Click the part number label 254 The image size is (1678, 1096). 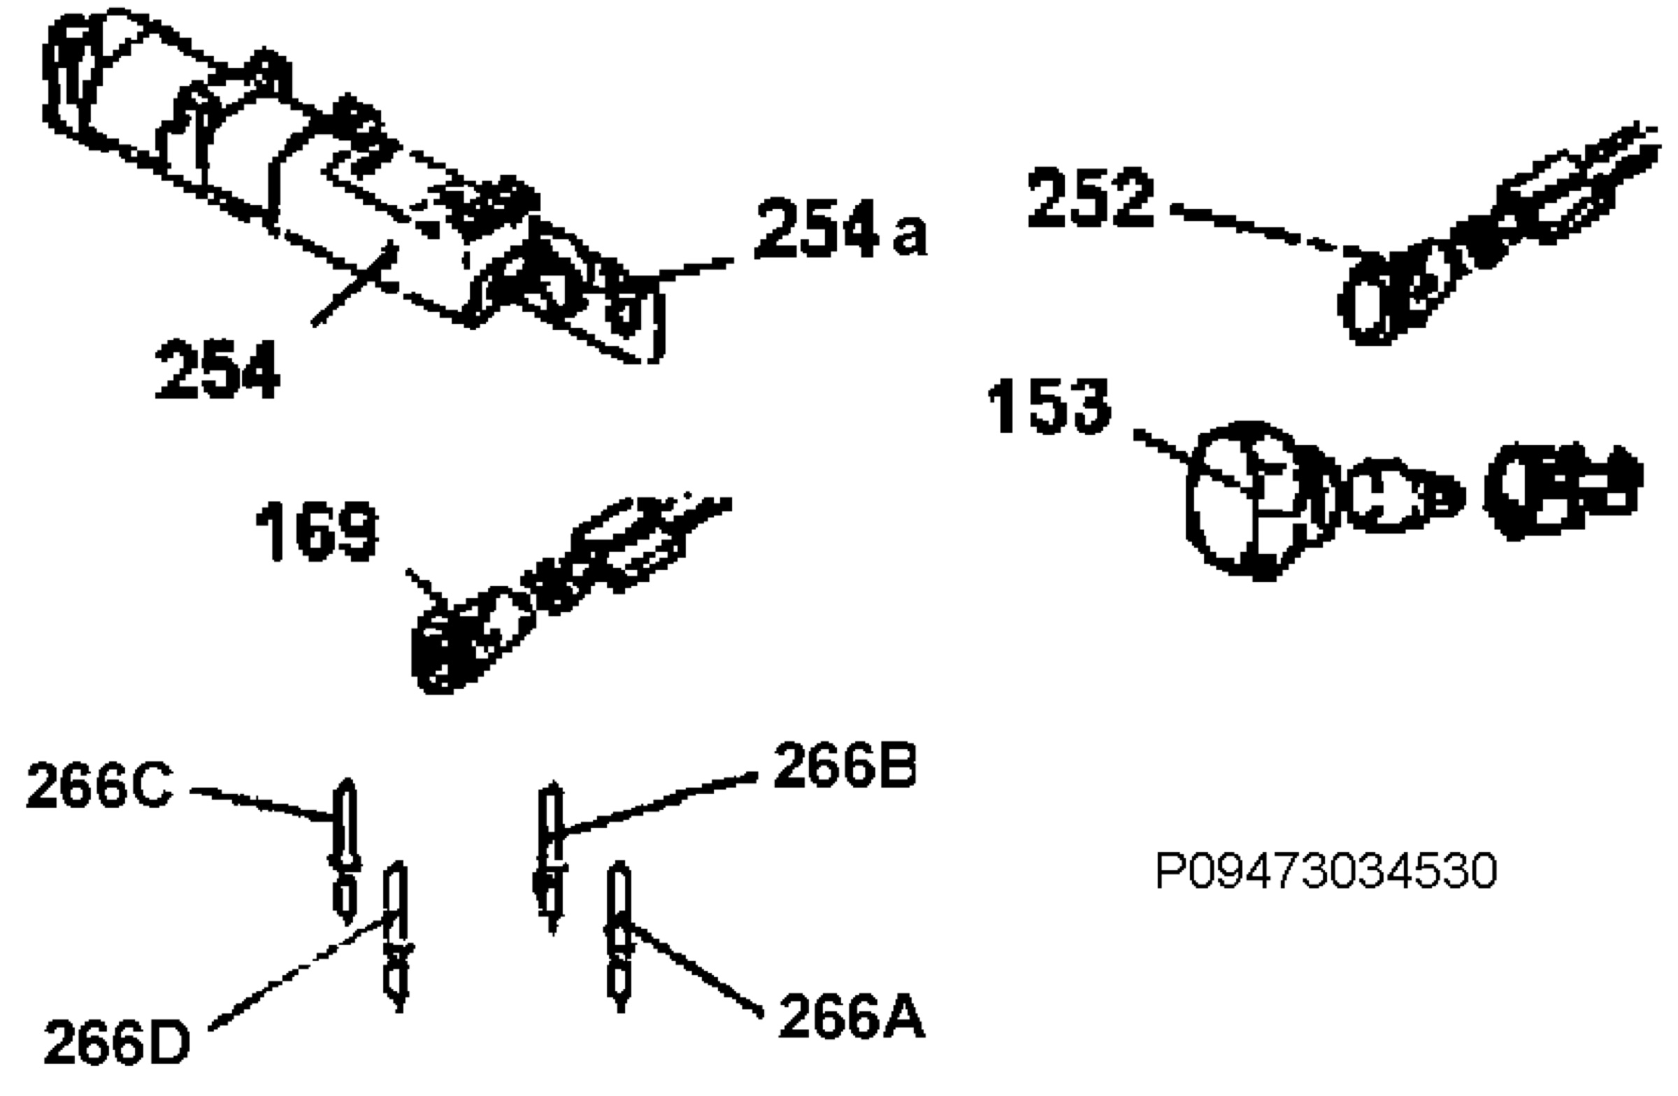point(217,369)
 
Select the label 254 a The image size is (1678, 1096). point(841,229)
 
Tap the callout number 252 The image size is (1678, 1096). point(1091,198)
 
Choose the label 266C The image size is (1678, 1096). point(99,785)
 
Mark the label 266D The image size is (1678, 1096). point(117,1044)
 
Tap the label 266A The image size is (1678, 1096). point(852,1017)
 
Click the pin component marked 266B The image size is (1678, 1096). point(551,857)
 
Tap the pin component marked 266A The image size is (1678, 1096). point(619,937)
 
